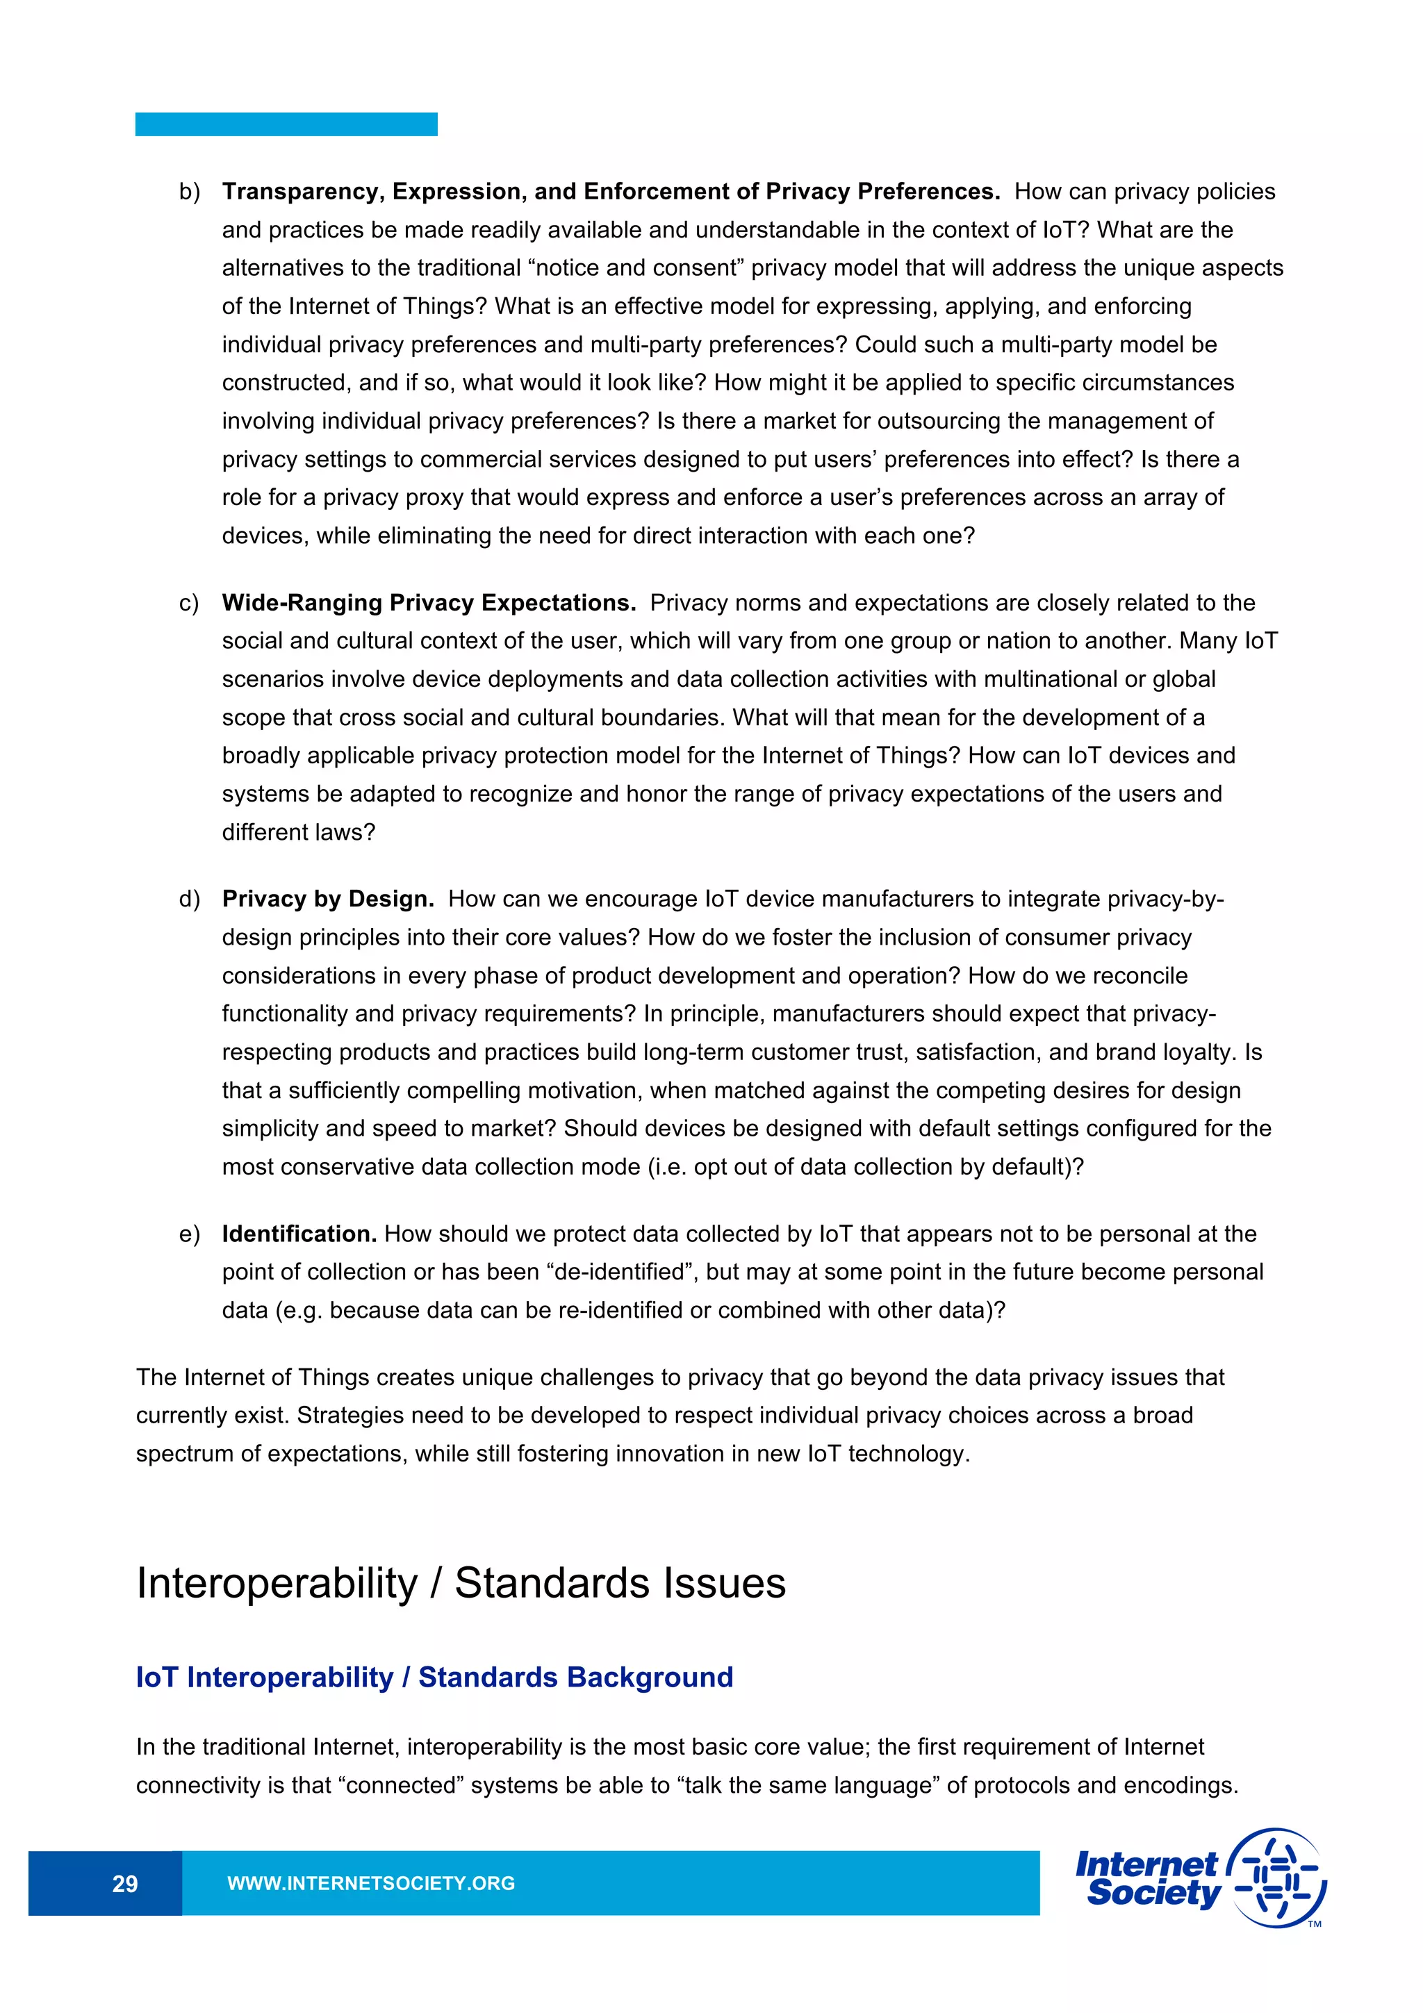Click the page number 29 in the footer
(x=124, y=1883)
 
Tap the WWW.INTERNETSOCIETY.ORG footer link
(x=371, y=1883)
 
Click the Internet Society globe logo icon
(x=1279, y=1878)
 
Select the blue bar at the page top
(x=286, y=124)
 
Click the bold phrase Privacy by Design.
(x=328, y=899)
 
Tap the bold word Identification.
(x=299, y=1234)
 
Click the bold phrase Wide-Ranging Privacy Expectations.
(x=429, y=603)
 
